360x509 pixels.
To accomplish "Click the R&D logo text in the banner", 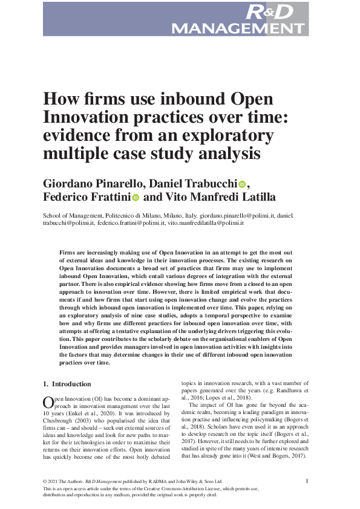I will tap(269, 11).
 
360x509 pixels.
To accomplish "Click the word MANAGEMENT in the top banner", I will tap(238, 28).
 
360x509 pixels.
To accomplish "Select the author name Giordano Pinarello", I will tap(92, 184).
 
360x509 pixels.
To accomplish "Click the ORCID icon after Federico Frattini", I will tap(136, 198).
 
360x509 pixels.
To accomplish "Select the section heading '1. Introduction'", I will tap(67, 384).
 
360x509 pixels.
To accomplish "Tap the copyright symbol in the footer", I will tap(45, 482).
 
